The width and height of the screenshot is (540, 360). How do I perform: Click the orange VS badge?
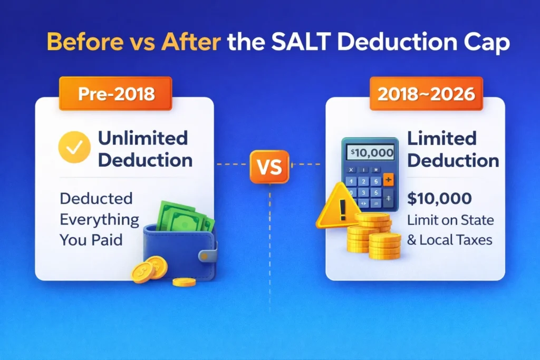click(269, 168)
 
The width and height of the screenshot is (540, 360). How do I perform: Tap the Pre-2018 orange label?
click(115, 94)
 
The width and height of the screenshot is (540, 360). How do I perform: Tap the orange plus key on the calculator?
click(389, 180)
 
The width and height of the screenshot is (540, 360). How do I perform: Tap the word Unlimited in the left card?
click(143, 138)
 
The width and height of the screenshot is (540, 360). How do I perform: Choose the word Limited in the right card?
click(442, 138)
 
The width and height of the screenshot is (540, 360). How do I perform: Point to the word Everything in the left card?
click(99, 219)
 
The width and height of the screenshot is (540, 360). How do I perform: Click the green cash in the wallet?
click(182, 217)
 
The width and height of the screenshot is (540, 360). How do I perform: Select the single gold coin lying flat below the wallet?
click(184, 282)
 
